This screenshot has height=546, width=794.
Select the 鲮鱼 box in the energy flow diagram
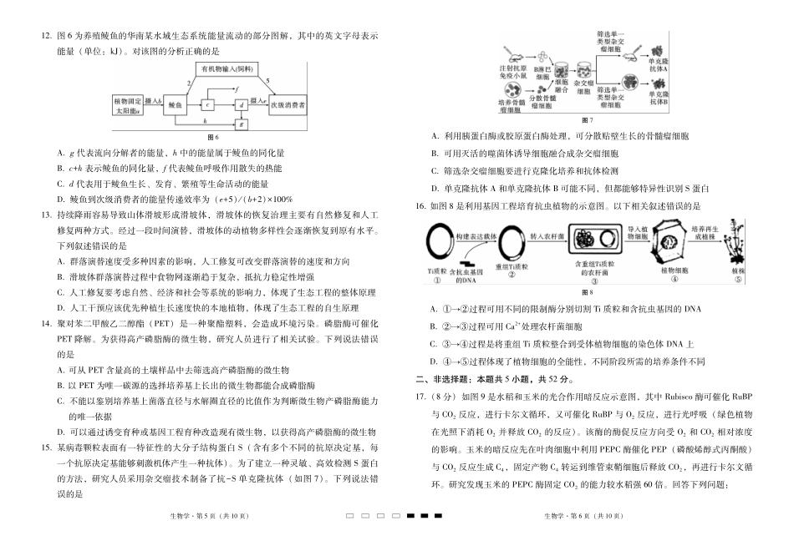click(x=174, y=104)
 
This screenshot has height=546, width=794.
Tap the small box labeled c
click(x=207, y=104)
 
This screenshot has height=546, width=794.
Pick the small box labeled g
click(x=241, y=123)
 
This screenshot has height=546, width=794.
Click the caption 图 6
click(x=212, y=138)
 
